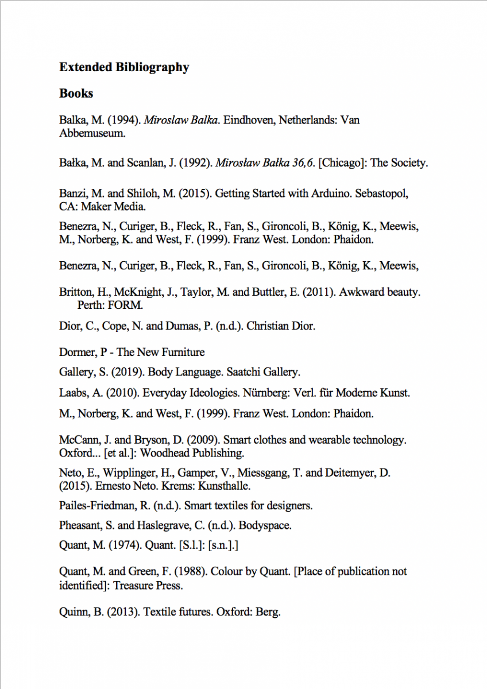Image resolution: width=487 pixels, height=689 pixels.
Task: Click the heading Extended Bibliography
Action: [x=124, y=67]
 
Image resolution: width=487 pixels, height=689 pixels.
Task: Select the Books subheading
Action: [x=76, y=93]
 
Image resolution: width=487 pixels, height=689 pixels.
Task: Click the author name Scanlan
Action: [x=145, y=162]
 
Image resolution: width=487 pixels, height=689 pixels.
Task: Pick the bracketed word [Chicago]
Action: [x=342, y=162]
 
